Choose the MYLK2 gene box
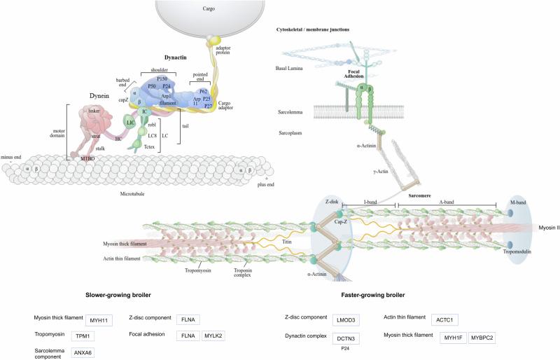tap(215, 335)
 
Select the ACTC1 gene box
tap(446, 320)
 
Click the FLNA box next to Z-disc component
tap(188, 320)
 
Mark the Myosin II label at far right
tap(548, 228)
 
